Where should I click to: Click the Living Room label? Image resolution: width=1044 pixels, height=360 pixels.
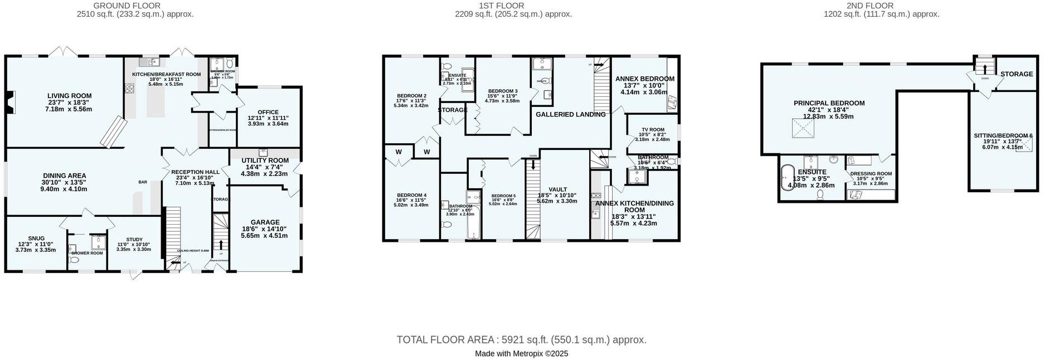click(69, 96)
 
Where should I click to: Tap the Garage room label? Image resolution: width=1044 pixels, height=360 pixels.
click(264, 222)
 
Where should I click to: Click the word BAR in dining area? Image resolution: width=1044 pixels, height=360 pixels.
click(143, 182)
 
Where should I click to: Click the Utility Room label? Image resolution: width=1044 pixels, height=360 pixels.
click(265, 160)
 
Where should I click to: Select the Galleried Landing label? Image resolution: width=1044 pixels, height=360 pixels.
click(570, 114)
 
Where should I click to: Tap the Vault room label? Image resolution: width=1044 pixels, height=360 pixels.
click(557, 189)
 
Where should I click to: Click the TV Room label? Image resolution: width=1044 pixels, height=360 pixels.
click(653, 130)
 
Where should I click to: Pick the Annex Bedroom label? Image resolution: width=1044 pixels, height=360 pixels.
click(644, 79)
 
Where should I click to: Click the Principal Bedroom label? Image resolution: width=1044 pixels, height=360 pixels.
click(829, 103)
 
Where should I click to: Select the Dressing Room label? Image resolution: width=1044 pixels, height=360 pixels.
click(871, 174)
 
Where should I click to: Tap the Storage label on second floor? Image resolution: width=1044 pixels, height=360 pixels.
click(1016, 74)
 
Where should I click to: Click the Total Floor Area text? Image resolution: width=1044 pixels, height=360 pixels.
click(521, 339)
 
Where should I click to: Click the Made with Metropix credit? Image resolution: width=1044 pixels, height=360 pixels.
click(521, 353)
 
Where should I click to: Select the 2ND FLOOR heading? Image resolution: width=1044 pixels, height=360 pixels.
click(877, 6)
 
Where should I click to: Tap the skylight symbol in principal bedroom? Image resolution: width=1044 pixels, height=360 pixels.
click(803, 129)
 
